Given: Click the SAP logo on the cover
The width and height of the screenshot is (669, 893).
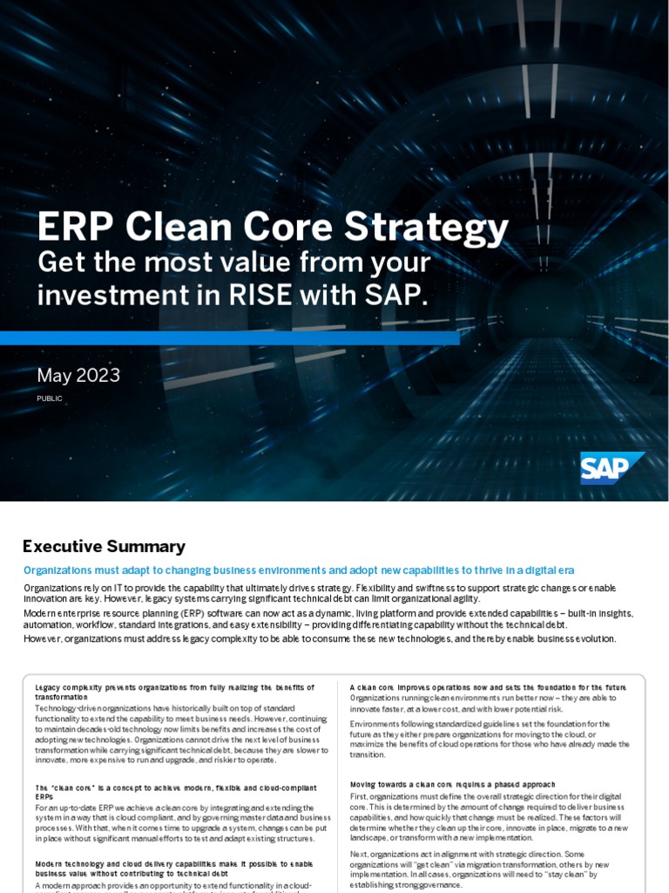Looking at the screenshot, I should pyautogui.click(x=612, y=468).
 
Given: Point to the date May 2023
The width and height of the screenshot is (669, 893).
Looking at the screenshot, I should pyautogui.click(x=78, y=376).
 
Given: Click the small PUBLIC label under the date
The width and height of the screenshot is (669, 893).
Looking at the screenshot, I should pyautogui.click(x=50, y=399).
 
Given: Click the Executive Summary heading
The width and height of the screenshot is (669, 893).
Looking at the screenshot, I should pyautogui.click(x=104, y=547).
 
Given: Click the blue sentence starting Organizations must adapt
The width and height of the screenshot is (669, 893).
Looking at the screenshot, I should pyautogui.click(x=298, y=570).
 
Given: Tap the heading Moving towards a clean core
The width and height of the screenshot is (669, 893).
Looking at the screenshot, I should pyautogui.click(x=452, y=784).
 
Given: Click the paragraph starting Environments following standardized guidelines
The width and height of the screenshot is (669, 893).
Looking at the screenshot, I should pyautogui.click(x=490, y=738).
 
